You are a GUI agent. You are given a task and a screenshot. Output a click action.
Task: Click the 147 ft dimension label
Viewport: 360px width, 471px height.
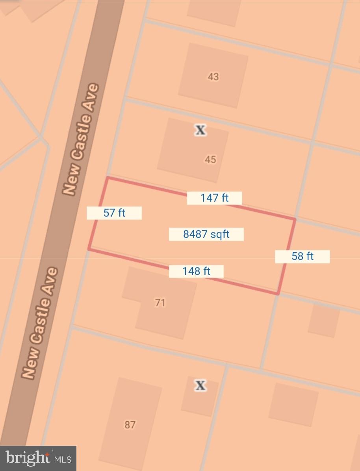214,198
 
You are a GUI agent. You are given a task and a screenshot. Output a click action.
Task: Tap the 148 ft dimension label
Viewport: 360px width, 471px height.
196,271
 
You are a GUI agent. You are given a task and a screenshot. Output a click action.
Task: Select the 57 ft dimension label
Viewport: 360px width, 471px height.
114,213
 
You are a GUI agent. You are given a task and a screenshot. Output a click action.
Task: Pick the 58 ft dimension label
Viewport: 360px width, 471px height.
302,256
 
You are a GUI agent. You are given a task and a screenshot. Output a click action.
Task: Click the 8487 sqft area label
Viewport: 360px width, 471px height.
206,235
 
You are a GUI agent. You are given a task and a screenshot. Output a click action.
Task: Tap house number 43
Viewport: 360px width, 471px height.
213,76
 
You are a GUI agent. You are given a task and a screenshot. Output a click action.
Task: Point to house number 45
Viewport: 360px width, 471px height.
210,159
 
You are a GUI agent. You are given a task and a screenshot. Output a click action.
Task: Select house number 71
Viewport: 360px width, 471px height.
160,303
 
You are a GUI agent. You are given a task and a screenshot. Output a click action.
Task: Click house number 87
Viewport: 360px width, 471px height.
130,424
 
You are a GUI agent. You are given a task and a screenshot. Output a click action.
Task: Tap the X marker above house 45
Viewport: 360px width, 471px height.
201,130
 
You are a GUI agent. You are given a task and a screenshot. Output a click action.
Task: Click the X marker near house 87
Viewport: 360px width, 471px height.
200,385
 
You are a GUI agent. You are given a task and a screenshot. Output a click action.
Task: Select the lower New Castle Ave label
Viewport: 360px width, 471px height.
40,323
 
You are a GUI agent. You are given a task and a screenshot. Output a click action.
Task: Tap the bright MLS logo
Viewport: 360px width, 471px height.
38,458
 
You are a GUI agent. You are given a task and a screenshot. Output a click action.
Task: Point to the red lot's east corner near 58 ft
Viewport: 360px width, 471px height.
278,294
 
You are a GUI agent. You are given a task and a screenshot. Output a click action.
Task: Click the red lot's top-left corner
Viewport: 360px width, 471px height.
108,178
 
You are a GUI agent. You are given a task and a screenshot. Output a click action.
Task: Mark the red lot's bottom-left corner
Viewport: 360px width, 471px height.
89,249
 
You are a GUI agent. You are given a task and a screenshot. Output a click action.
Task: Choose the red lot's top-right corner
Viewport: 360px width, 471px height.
295,218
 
